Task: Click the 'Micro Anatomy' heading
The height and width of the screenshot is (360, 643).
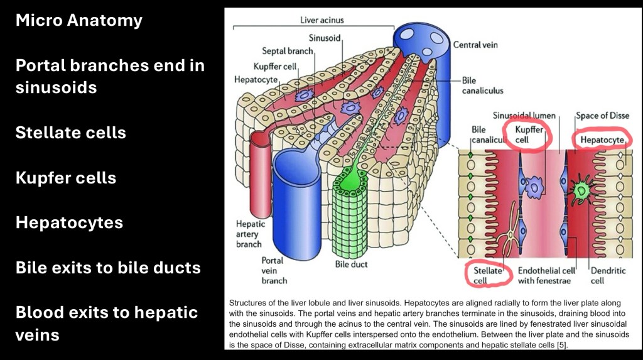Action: pos(79,21)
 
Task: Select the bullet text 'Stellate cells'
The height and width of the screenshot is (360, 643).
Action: pos(70,133)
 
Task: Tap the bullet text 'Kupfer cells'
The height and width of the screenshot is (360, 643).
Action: pos(66,178)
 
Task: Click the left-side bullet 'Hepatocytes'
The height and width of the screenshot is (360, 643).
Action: pos(69,222)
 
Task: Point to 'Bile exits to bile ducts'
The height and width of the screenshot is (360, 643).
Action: pos(108,268)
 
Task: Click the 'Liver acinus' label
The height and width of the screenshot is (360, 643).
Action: pos(322,20)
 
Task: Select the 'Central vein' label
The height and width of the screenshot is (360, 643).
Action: pos(475,45)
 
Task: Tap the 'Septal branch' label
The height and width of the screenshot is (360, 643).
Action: pos(287,51)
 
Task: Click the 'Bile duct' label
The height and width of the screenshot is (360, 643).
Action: pos(351,265)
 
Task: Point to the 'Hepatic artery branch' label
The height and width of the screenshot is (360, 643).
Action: pos(249,234)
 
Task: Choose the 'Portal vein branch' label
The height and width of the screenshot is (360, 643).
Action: pos(274,270)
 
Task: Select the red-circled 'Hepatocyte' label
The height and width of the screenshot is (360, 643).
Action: pos(602,139)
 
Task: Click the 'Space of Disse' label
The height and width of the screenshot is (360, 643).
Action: pos(601,116)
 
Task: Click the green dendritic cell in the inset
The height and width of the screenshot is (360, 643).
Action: pos(582,189)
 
